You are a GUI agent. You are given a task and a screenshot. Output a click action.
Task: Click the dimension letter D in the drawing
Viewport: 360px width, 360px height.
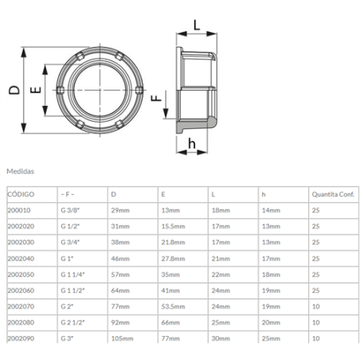[x=14, y=90]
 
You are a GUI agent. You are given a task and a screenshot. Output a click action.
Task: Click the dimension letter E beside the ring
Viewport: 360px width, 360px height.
[x=34, y=91]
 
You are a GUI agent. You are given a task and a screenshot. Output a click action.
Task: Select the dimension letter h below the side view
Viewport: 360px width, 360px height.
[x=191, y=143]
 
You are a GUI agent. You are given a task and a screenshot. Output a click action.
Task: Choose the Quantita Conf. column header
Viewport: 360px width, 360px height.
[x=333, y=194]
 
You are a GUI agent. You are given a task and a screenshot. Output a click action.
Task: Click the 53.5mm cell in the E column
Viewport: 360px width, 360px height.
[x=173, y=306]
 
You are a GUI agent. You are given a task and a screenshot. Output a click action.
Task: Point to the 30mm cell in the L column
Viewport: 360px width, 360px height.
[x=221, y=338]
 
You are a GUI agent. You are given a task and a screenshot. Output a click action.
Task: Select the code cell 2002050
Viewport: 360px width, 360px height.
[x=21, y=274]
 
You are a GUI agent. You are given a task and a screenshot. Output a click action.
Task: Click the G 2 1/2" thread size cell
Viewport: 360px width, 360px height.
[x=75, y=323]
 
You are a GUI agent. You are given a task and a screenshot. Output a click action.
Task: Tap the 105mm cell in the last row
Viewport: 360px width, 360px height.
[x=122, y=338]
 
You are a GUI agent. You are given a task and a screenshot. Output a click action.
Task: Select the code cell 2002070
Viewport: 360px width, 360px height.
[x=21, y=306]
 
